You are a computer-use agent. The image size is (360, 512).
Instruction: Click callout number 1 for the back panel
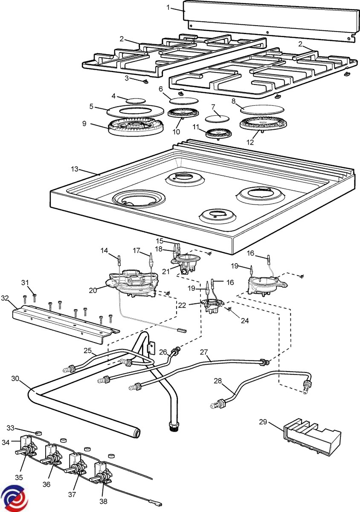168,7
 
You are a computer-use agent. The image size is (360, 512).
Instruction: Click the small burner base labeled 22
212,306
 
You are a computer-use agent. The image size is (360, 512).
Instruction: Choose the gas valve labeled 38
102,480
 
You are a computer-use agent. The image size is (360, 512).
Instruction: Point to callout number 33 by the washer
10,428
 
